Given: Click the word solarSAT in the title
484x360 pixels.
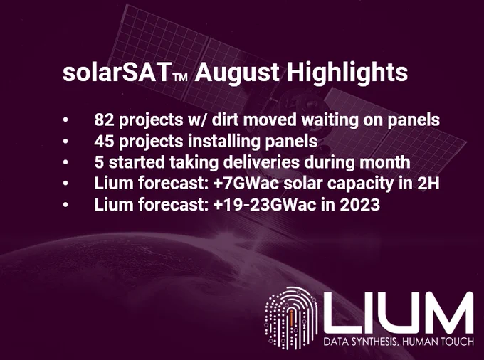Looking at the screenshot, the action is click(117, 72).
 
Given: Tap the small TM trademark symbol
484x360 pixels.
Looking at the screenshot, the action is click(180, 78).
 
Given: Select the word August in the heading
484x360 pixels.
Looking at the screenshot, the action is click(237, 73).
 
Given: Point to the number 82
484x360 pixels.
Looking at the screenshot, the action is click(104, 120).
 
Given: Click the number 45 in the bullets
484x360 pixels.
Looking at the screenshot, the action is click(104, 142).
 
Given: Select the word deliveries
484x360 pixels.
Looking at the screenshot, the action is click(261, 162).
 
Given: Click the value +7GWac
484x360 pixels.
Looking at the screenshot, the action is click(246, 184).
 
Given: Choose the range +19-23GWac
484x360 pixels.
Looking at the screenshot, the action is click(265, 205).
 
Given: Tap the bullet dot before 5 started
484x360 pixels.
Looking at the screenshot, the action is click(65, 163).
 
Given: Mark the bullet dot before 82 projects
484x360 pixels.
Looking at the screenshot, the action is click(65, 120).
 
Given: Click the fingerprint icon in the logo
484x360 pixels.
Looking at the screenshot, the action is click(291, 318).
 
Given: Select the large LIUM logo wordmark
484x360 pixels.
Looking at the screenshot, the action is click(399, 313).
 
